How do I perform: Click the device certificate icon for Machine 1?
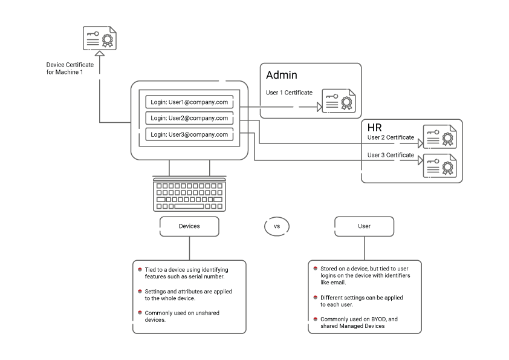[x=100, y=38]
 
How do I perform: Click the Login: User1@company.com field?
[x=189, y=102]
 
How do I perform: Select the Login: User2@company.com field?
[x=189, y=118]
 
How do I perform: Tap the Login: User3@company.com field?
[x=189, y=134]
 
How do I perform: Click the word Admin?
[x=282, y=75]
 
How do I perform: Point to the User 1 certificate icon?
[x=339, y=101]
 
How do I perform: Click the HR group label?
[x=375, y=128]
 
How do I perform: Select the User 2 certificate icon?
[x=439, y=137]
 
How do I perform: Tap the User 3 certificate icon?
[x=439, y=165]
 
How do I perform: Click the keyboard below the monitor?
[x=190, y=194]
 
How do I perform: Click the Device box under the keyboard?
[x=189, y=226]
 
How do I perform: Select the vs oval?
[x=277, y=226]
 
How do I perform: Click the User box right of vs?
[x=364, y=226]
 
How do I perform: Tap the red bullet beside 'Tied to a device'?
[x=140, y=269]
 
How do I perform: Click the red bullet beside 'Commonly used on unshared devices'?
[x=140, y=312]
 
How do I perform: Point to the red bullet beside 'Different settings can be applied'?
[x=315, y=297]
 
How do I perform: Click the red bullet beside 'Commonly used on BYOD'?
[x=315, y=318]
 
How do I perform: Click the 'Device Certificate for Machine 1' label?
[x=70, y=68]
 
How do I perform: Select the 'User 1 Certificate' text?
[x=289, y=93]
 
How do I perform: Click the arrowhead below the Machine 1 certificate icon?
[x=100, y=54]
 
